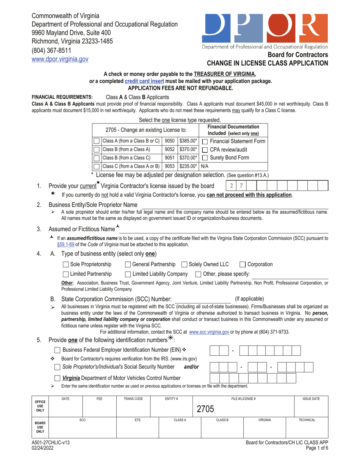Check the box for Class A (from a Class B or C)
pos(97,141)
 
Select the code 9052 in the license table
pos(170,149)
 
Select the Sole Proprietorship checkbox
pos(66,264)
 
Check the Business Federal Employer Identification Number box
pos(58,349)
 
